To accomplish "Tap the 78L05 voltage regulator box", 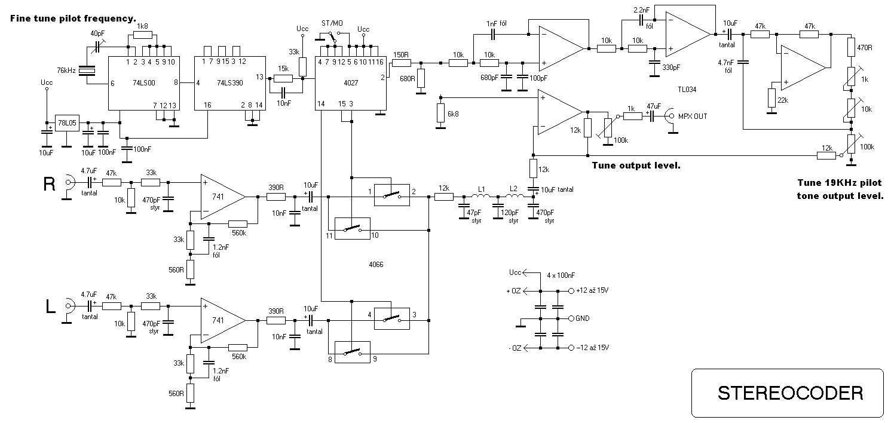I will (67, 124).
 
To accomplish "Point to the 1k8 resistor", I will (142, 35).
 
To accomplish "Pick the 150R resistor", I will (401, 62).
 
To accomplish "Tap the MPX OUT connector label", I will (692, 117).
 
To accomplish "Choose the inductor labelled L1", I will (481, 197).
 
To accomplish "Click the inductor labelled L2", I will (513, 197).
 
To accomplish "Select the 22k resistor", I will (771, 98).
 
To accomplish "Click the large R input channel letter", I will (50, 185).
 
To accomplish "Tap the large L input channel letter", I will (51, 307).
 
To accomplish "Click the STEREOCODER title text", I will (790, 393).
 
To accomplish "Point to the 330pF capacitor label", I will (672, 67).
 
